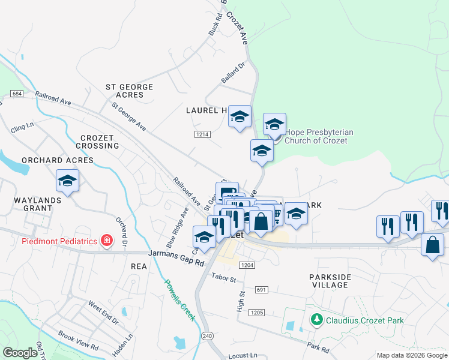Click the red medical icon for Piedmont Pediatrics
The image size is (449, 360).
(x=107, y=241)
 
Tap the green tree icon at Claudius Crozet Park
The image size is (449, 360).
(x=317, y=320)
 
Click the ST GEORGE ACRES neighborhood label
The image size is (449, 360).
(x=129, y=91)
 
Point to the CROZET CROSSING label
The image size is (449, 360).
(x=97, y=142)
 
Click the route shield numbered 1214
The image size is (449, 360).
(x=202, y=134)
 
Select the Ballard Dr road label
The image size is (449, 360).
(x=234, y=73)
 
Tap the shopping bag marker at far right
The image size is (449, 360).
(x=432, y=245)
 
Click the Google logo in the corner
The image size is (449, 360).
(x=20, y=353)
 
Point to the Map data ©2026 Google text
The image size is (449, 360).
(x=411, y=355)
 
